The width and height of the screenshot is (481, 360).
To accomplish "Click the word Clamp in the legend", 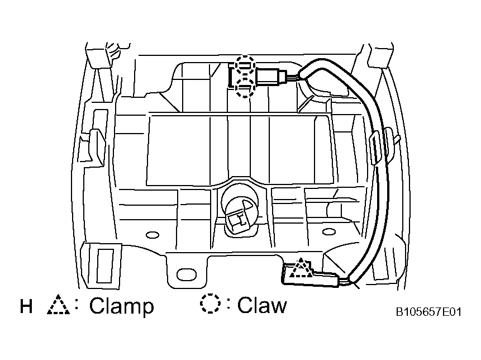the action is pyautogui.click(x=121, y=306).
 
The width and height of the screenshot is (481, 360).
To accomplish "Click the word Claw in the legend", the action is pyautogui.click(x=262, y=305).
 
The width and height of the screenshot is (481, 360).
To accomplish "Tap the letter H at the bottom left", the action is pyautogui.click(x=26, y=306).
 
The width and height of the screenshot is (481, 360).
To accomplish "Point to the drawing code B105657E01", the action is pyautogui.click(x=428, y=312).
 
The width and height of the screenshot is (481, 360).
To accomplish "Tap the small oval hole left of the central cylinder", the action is pyautogui.click(x=152, y=235).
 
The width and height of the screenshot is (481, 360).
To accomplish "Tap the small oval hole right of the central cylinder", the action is pyautogui.click(x=328, y=231).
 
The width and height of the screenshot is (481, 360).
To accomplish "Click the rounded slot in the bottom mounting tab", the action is pyautogui.click(x=187, y=274).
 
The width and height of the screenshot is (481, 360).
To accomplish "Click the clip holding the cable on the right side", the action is pyautogui.click(x=375, y=148).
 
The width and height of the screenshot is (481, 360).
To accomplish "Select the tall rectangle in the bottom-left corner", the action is pyautogui.click(x=105, y=266).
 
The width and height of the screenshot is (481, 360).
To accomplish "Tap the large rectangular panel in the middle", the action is pyautogui.click(x=239, y=150).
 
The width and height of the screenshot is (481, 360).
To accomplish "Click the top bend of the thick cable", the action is pyautogui.click(x=319, y=63).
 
